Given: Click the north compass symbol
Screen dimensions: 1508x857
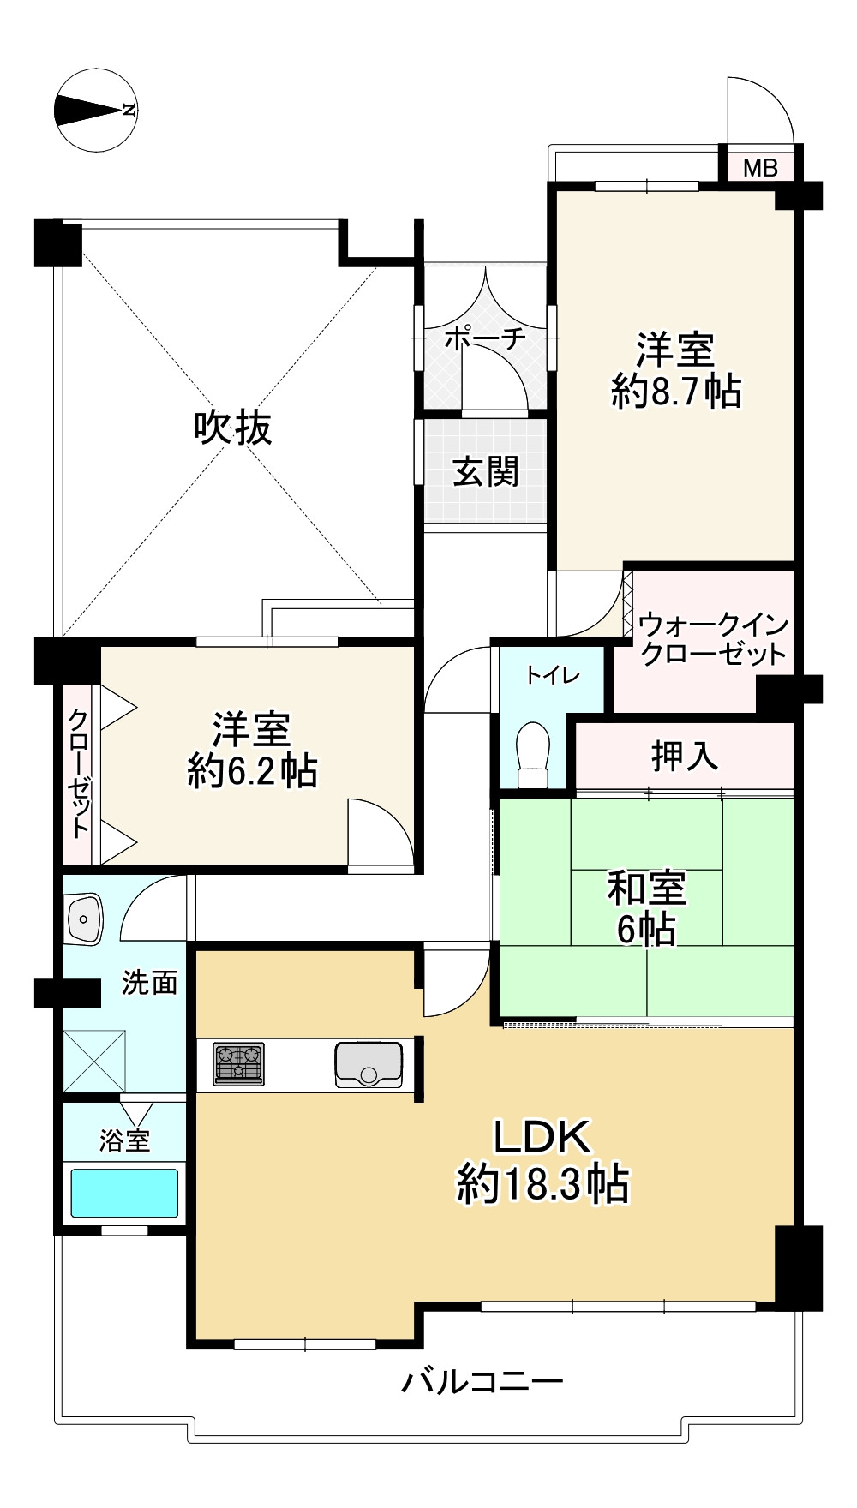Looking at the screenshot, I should click(x=96, y=110).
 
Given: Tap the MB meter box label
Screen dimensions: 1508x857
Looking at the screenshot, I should click(x=759, y=167).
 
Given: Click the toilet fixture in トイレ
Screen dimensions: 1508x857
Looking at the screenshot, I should click(x=534, y=754).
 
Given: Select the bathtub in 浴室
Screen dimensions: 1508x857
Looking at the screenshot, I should click(x=124, y=1192).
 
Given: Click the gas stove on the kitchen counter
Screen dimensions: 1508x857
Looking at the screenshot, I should click(x=238, y=1064).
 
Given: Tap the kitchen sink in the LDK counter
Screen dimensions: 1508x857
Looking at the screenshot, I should click(x=369, y=1065).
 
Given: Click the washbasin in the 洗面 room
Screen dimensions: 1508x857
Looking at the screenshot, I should click(x=84, y=919).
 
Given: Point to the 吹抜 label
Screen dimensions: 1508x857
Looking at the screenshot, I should click(x=233, y=427).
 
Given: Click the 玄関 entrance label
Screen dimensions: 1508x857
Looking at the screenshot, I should click(x=486, y=471).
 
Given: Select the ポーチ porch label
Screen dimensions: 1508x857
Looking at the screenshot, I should click(x=485, y=338).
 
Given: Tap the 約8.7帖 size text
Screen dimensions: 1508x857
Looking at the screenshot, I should click(x=675, y=392).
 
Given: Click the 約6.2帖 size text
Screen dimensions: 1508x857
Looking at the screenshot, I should click(x=252, y=771).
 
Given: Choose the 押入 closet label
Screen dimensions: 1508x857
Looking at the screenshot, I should click(x=684, y=756).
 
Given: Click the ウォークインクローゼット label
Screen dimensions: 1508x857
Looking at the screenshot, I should click(x=713, y=639).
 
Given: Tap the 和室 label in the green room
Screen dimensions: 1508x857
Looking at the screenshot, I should click(x=647, y=888).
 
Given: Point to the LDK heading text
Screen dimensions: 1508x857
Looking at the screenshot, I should click(x=542, y=1137).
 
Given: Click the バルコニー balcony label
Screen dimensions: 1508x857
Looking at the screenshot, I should click(x=482, y=1381).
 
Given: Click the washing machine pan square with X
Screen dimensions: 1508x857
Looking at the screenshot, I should click(x=95, y=1061).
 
